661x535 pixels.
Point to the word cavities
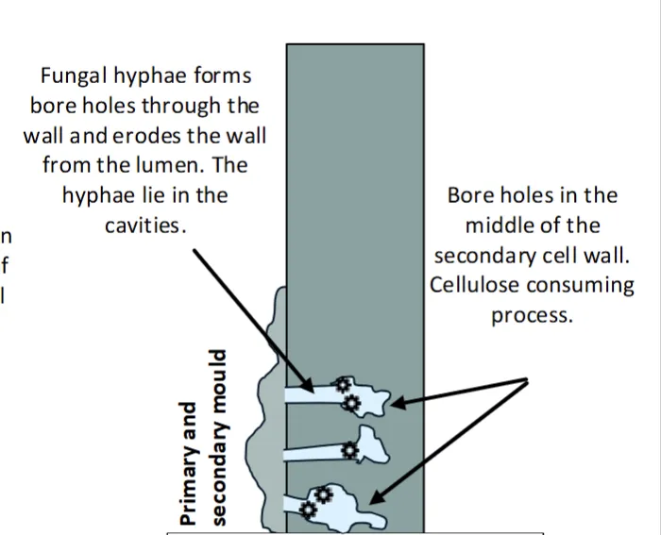(145, 226)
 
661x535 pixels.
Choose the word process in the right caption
(532, 316)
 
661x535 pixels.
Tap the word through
(180, 107)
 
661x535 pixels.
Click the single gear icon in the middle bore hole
(349, 450)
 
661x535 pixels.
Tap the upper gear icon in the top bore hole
(343, 385)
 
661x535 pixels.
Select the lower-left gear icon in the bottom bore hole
(308, 510)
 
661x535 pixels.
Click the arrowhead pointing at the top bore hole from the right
(398, 403)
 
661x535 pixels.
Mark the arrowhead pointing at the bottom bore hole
(377, 497)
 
